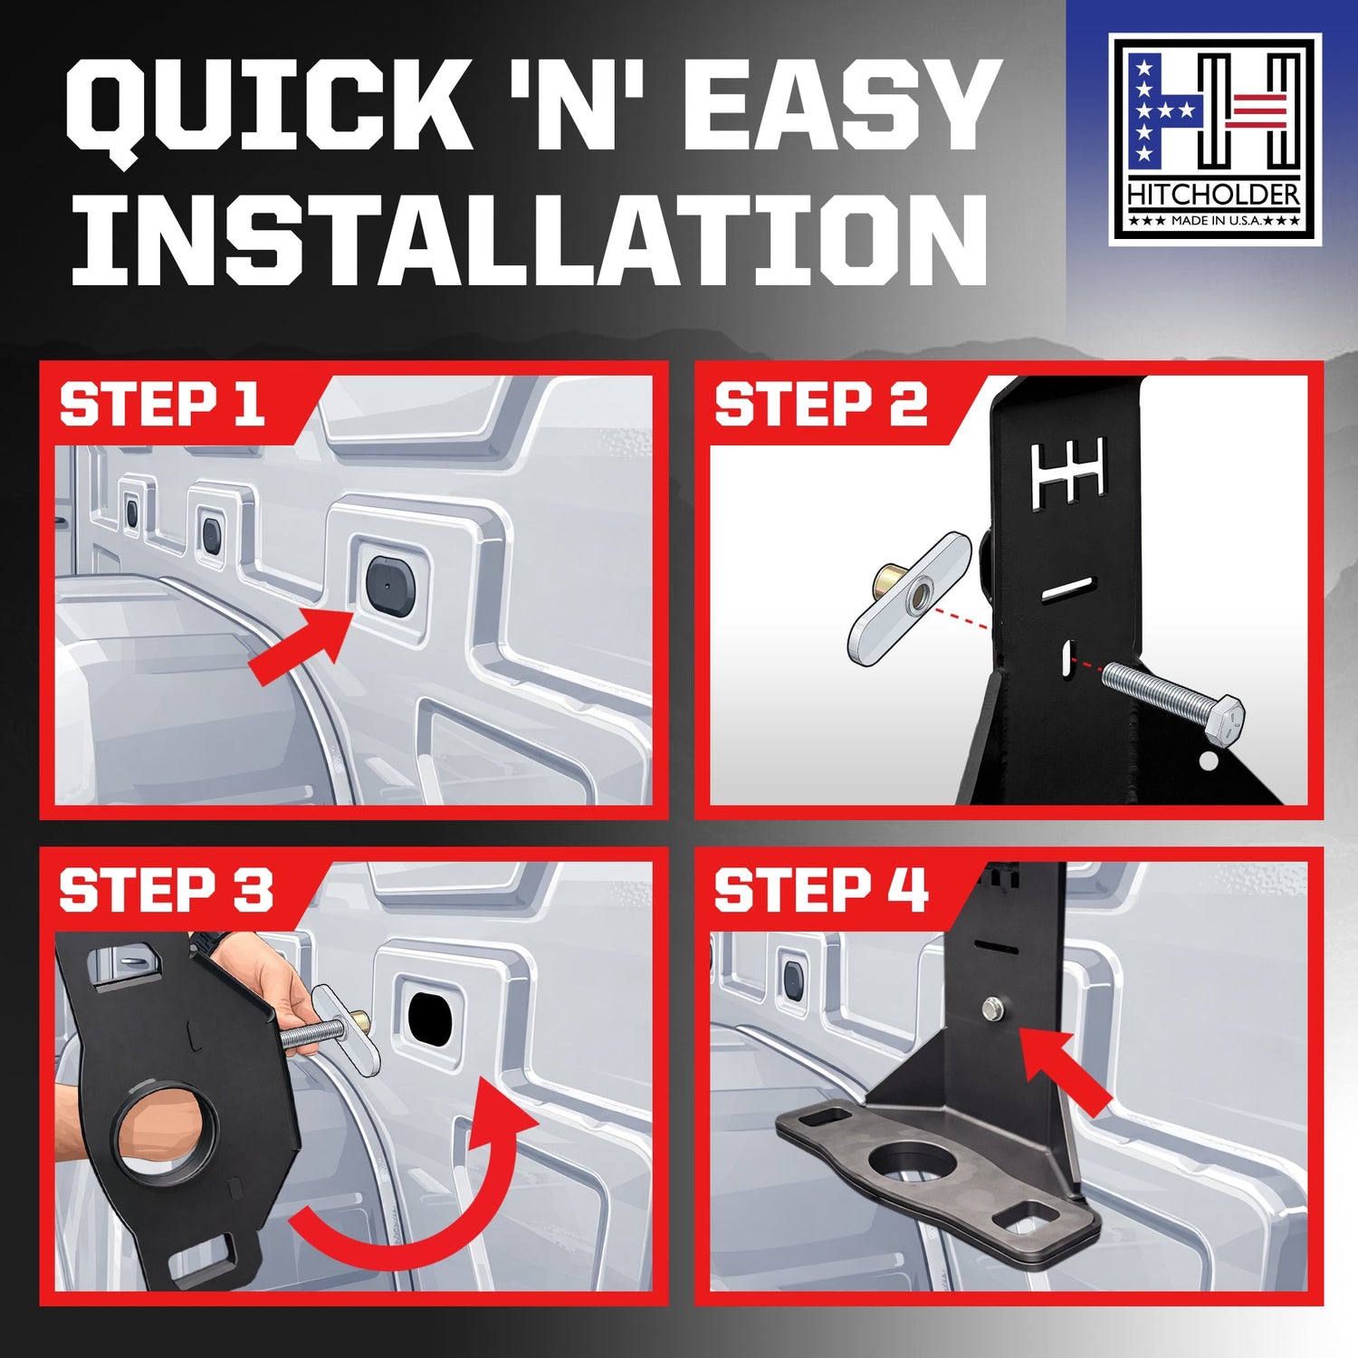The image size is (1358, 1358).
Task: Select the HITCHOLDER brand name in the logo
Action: (1214, 195)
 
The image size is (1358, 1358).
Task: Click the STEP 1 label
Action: (162, 404)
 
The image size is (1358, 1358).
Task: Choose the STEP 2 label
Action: (821, 404)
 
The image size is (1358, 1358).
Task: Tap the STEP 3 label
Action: (166, 890)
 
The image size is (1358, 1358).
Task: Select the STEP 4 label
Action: (821, 890)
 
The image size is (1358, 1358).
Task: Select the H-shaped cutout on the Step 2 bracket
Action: (1068, 472)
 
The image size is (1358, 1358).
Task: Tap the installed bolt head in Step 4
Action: (993, 1008)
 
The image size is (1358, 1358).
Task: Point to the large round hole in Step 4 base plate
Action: (905, 1162)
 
